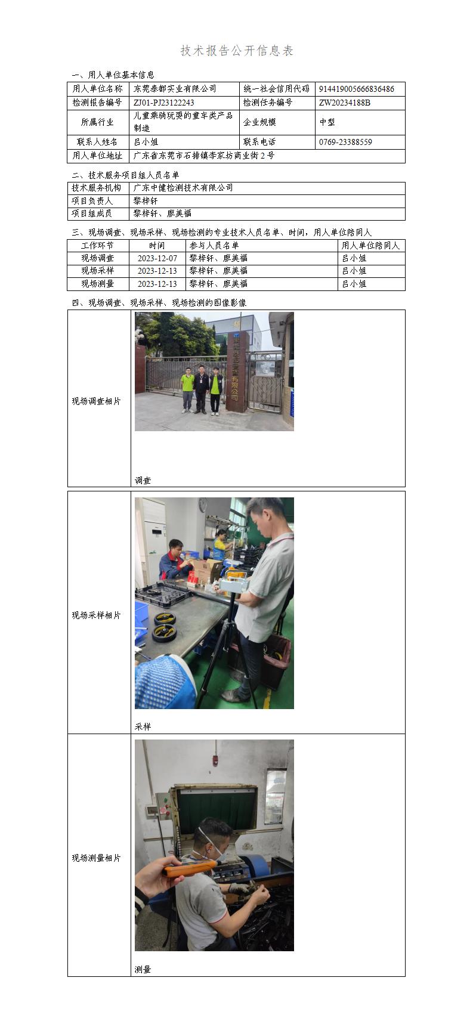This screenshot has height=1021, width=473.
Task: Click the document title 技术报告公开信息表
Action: [x=237, y=51]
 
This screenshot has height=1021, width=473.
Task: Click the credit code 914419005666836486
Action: [x=356, y=89]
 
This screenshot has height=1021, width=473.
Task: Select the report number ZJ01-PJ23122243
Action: [x=163, y=103]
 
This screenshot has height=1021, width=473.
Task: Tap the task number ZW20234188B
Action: [x=344, y=103]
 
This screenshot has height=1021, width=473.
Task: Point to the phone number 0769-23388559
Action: [x=345, y=142]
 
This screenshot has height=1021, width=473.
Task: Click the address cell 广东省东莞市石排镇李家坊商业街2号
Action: [x=203, y=156]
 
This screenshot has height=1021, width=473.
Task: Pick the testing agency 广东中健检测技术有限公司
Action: [x=183, y=188]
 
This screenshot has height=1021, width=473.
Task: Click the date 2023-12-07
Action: [x=157, y=258]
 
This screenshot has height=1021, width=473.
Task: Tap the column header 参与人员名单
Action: [x=214, y=246]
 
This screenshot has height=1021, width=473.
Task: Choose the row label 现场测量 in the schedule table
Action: [x=97, y=284]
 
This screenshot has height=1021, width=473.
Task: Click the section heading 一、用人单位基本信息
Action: [x=113, y=75]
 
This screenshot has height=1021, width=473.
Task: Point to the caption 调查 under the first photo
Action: [x=143, y=480]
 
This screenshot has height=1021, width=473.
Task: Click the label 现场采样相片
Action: [x=96, y=615]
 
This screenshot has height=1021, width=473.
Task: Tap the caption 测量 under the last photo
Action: [x=143, y=970]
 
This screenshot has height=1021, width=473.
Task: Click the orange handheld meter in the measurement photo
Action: [x=190, y=868]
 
